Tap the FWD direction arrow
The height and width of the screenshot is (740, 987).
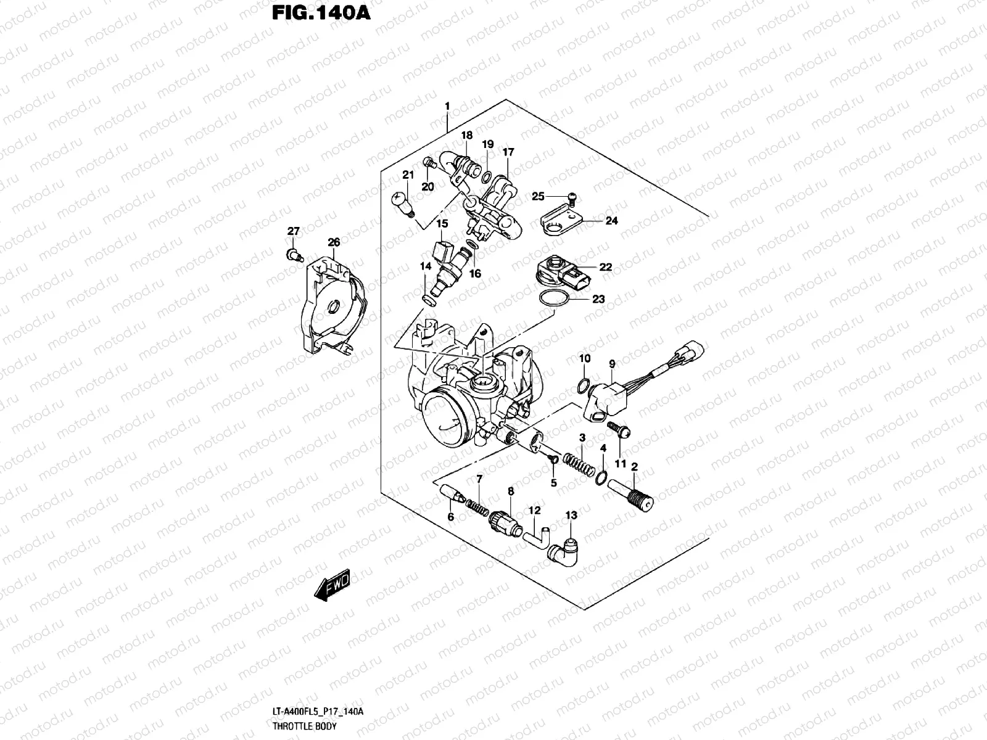pos(332,586)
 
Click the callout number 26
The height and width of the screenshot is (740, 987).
pos(334,243)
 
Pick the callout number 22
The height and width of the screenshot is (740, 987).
pos(605,267)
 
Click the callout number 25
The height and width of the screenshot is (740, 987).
pos(538,196)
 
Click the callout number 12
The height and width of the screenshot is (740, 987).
pos(534,511)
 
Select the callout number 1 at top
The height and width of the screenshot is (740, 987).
pos(447,107)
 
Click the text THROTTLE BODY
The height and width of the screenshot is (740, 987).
pos(304,726)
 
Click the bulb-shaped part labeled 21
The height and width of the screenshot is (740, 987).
pos(402,203)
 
